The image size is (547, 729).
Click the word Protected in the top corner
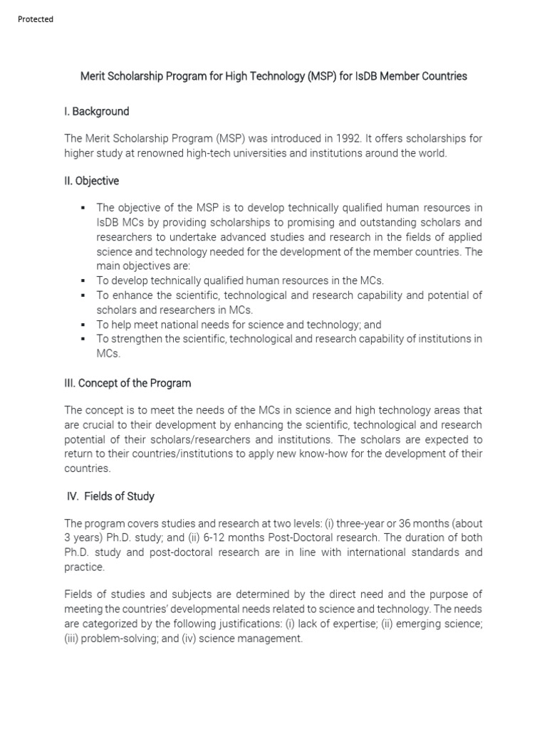(35, 19)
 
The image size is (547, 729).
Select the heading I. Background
(96, 112)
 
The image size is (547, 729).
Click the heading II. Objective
(91, 182)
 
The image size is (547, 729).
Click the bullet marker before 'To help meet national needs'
(83, 325)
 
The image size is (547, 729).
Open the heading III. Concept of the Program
(127, 383)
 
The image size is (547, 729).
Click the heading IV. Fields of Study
(110, 496)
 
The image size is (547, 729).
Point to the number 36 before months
(400, 523)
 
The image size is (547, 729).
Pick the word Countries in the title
(443, 76)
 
